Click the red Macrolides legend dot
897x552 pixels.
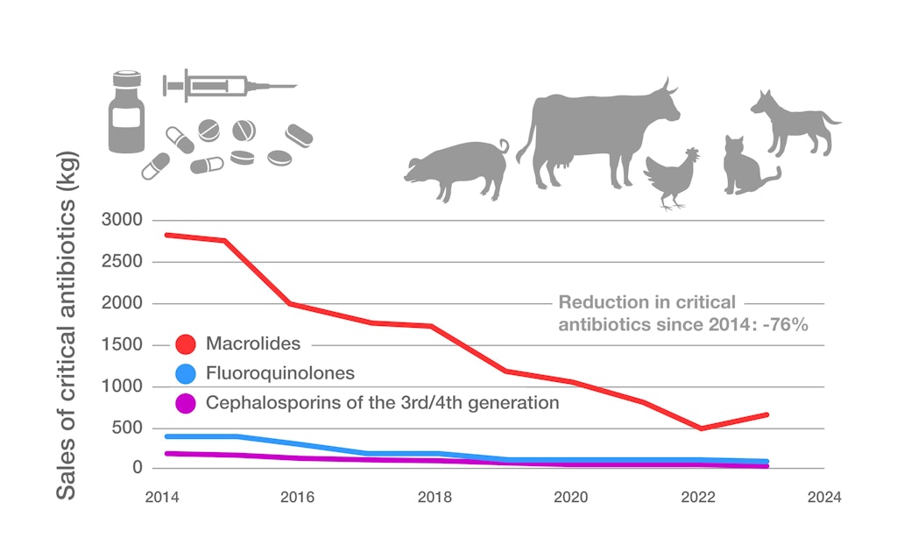(186, 345)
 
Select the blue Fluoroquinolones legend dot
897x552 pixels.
(186, 375)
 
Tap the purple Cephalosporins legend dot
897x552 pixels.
(186, 404)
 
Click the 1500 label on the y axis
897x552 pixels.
(122, 344)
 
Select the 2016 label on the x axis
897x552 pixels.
(298, 498)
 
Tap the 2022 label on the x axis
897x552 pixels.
(688, 498)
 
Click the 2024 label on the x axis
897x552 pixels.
(824, 498)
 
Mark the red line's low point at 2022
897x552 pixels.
(700, 428)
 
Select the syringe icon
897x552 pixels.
(229, 86)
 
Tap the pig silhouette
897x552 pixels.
(457, 169)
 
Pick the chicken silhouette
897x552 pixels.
(673, 179)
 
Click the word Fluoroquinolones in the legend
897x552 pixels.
(280, 373)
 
